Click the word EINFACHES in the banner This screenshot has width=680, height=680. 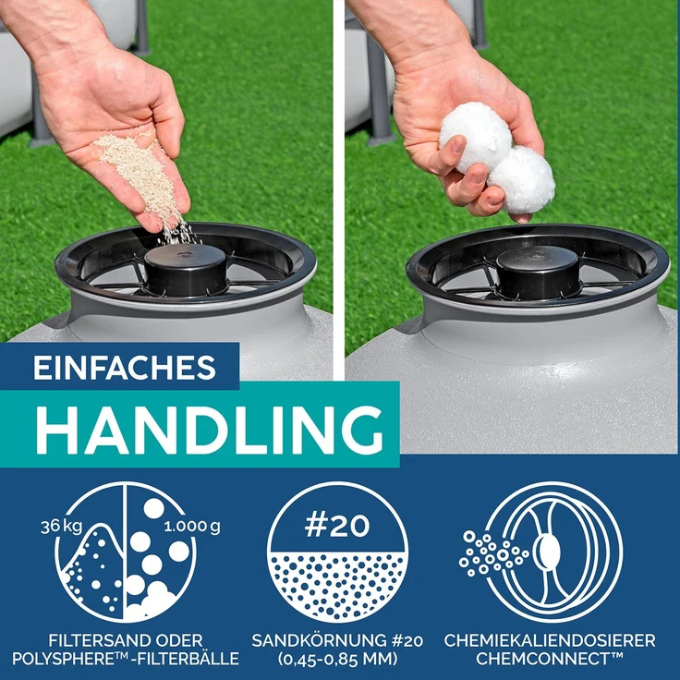[125, 369]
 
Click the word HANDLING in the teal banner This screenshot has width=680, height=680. [210, 431]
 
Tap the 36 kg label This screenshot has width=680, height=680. [61, 527]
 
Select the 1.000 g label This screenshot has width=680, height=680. [192, 527]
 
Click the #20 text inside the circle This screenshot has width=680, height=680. [337, 526]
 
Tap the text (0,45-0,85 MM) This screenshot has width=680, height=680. [338, 659]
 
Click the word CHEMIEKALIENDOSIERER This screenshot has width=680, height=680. [550, 640]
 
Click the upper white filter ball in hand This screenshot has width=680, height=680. [475, 137]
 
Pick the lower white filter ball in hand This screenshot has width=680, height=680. [522, 180]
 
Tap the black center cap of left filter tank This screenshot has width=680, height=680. [186, 270]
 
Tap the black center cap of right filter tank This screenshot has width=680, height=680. [538, 273]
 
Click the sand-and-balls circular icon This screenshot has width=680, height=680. [126, 552]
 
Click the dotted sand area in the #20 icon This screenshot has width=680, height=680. [337, 583]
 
